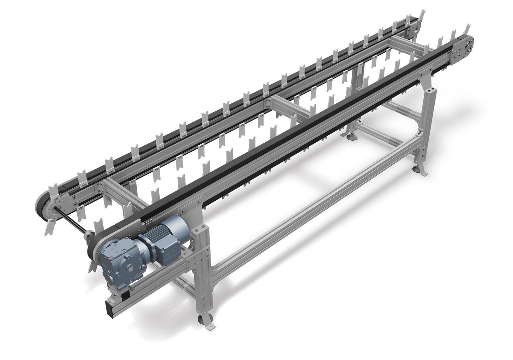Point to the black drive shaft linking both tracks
click(x=70, y=224)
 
